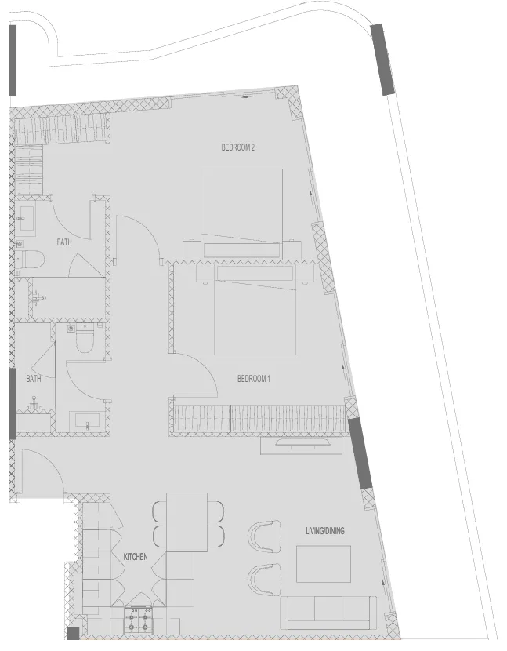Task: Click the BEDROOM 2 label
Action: (x=237, y=147)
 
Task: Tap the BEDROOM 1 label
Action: (x=253, y=379)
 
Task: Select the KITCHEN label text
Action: (x=135, y=556)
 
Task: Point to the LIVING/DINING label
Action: (x=324, y=531)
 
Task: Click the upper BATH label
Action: (x=63, y=242)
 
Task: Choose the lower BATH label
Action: (x=34, y=378)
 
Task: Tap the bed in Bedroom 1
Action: (x=255, y=310)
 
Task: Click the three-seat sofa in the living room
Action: (x=328, y=613)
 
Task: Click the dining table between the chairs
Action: (x=187, y=522)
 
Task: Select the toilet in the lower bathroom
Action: (x=85, y=340)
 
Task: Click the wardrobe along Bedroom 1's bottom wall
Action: (x=259, y=417)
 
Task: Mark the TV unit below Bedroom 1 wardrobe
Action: (x=302, y=445)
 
